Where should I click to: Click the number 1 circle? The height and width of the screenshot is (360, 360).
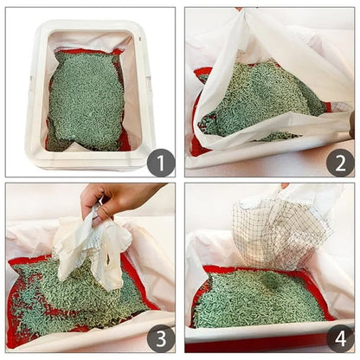160,161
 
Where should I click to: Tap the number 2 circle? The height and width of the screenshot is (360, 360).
338,161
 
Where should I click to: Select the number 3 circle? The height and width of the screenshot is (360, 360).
160,338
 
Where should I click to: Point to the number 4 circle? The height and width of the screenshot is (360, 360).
338,338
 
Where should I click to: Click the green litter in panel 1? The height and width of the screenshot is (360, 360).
87,100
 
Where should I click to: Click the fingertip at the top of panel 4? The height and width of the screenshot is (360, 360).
284,185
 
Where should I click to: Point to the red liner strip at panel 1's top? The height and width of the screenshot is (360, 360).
87,51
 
